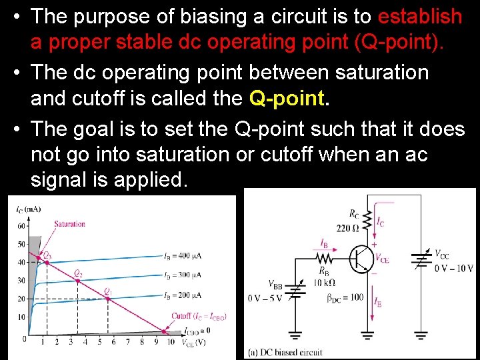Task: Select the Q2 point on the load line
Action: click(77, 281)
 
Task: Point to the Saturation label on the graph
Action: click(69, 224)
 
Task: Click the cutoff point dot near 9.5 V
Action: click(163, 331)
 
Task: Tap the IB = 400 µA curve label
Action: click(183, 256)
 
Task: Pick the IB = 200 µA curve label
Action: click(183, 294)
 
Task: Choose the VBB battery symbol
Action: click(295, 291)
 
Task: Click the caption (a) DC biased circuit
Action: click(285, 352)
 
